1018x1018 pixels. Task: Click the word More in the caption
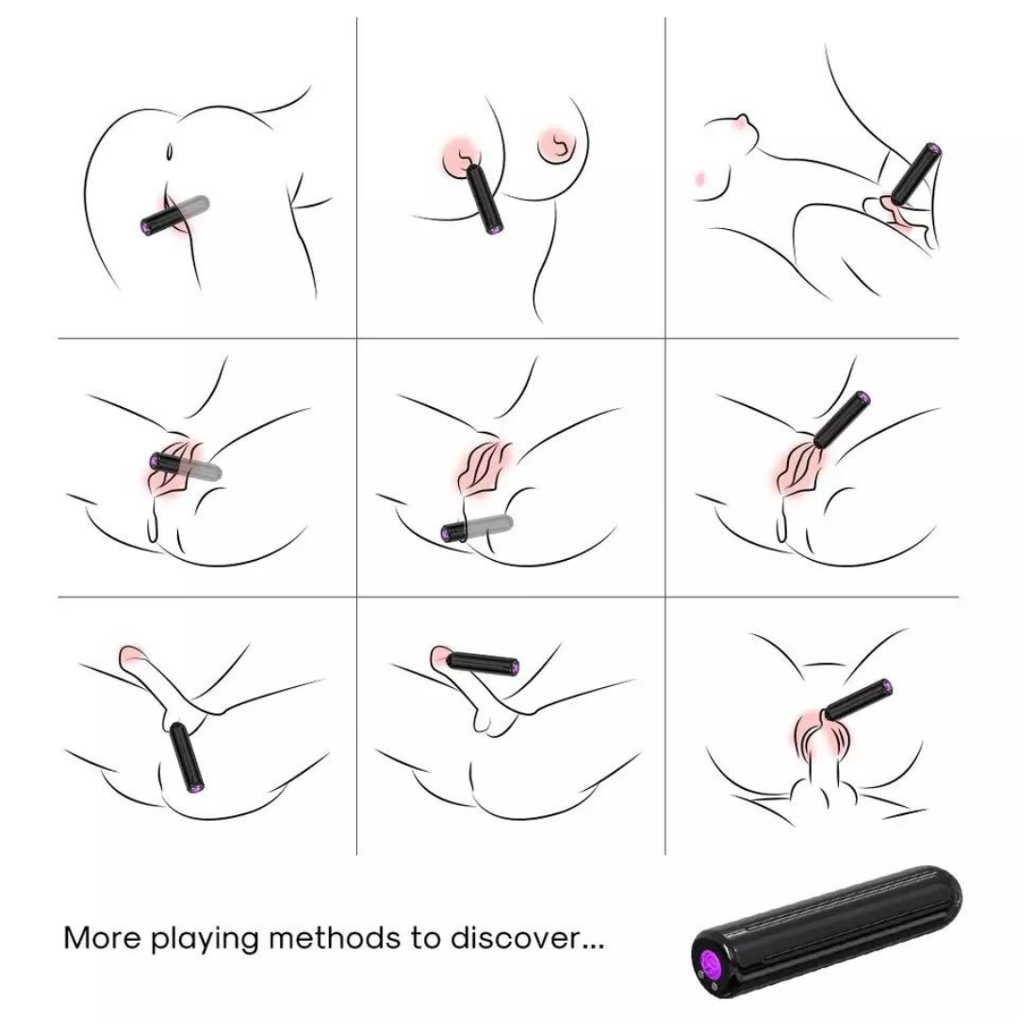[102, 938]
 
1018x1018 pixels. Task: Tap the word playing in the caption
[205, 940]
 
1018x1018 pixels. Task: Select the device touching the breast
[485, 199]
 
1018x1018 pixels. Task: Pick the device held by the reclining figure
[915, 173]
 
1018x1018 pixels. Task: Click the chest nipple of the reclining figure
[741, 123]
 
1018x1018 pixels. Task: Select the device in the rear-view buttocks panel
[175, 214]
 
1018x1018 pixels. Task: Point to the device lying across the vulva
[186, 467]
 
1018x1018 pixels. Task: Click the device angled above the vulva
[842, 419]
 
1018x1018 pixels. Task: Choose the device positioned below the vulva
[477, 527]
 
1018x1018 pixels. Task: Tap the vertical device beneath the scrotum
[187, 758]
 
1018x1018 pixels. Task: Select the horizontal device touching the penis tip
[483, 664]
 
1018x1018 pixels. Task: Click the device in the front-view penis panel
[858, 699]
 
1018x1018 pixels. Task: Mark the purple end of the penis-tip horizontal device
[513, 666]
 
